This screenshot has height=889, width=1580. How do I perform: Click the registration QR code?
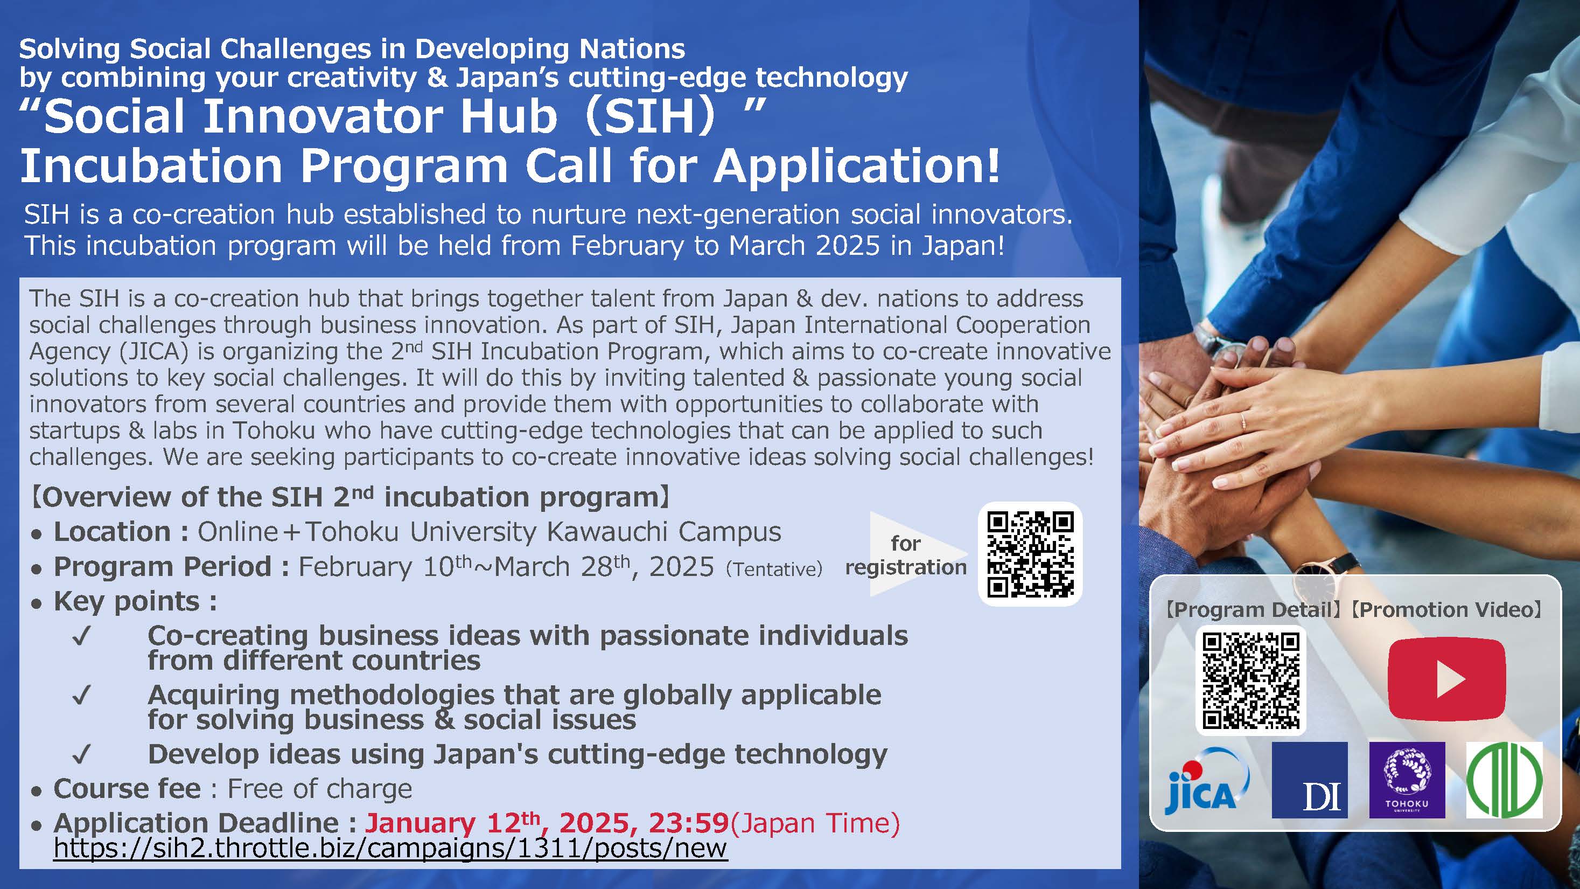pyautogui.click(x=1030, y=554)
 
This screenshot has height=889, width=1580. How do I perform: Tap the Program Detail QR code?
pyautogui.click(x=1250, y=680)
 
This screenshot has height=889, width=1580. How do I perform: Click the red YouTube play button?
pyautogui.click(x=1446, y=678)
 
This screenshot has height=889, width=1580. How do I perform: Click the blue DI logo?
pyautogui.click(x=1310, y=780)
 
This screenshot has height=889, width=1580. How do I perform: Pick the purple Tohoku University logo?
pyautogui.click(x=1407, y=780)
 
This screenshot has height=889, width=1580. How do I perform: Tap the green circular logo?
pyautogui.click(x=1504, y=780)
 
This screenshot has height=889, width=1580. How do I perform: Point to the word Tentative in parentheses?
pyautogui.click(x=774, y=569)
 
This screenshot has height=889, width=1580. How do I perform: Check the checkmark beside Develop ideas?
pyautogui.click(x=81, y=754)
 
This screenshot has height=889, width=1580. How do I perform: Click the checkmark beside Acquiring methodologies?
pyautogui.click(x=81, y=695)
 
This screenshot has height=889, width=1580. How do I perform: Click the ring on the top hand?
pyautogui.click(x=1243, y=421)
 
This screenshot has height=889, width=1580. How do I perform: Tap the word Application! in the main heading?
pyautogui.click(x=857, y=165)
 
